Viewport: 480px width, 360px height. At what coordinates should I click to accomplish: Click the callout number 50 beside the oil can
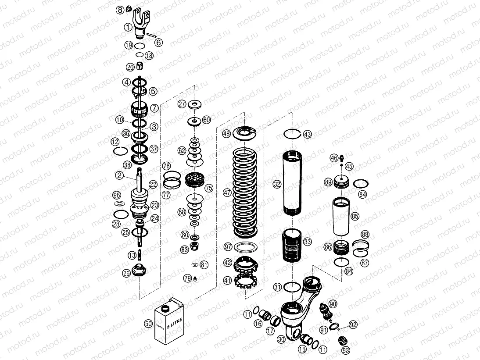tap(148, 324)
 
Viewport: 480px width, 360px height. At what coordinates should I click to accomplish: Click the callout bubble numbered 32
tap(277, 185)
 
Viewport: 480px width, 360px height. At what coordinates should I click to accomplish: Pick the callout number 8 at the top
tap(120, 9)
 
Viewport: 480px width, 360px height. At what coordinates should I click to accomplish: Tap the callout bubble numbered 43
tap(308, 134)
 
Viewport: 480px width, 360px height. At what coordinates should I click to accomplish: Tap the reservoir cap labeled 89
tap(340, 182)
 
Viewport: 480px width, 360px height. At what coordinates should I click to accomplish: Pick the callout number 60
tap(206, 120)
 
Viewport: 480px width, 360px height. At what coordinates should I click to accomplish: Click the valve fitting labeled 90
tap(325, 310)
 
